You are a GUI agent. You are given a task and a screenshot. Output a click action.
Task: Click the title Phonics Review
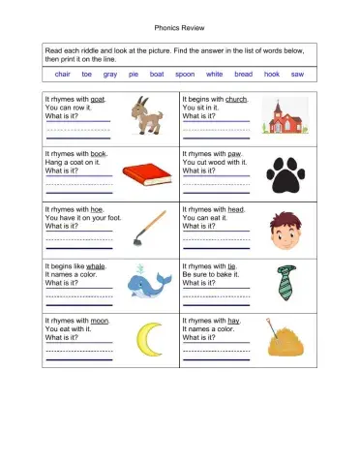click(x=180, y=28)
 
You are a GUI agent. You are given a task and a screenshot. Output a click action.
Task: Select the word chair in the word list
click(x=63, y=74)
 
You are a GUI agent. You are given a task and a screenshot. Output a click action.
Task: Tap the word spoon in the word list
click(x=185, y=74)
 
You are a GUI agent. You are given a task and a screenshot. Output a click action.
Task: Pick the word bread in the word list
click(x=243, y=74)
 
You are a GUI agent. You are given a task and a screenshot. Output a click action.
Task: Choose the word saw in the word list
click(x=297, y=74)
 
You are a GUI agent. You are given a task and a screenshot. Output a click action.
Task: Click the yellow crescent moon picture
click(x=146, y=338)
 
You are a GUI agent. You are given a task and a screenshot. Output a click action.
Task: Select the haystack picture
click(x=282, y=340)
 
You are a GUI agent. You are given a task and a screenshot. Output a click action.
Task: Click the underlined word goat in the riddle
click(x=98, y=99)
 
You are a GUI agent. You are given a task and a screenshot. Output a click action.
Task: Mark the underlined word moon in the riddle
click(x=100, y=321)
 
